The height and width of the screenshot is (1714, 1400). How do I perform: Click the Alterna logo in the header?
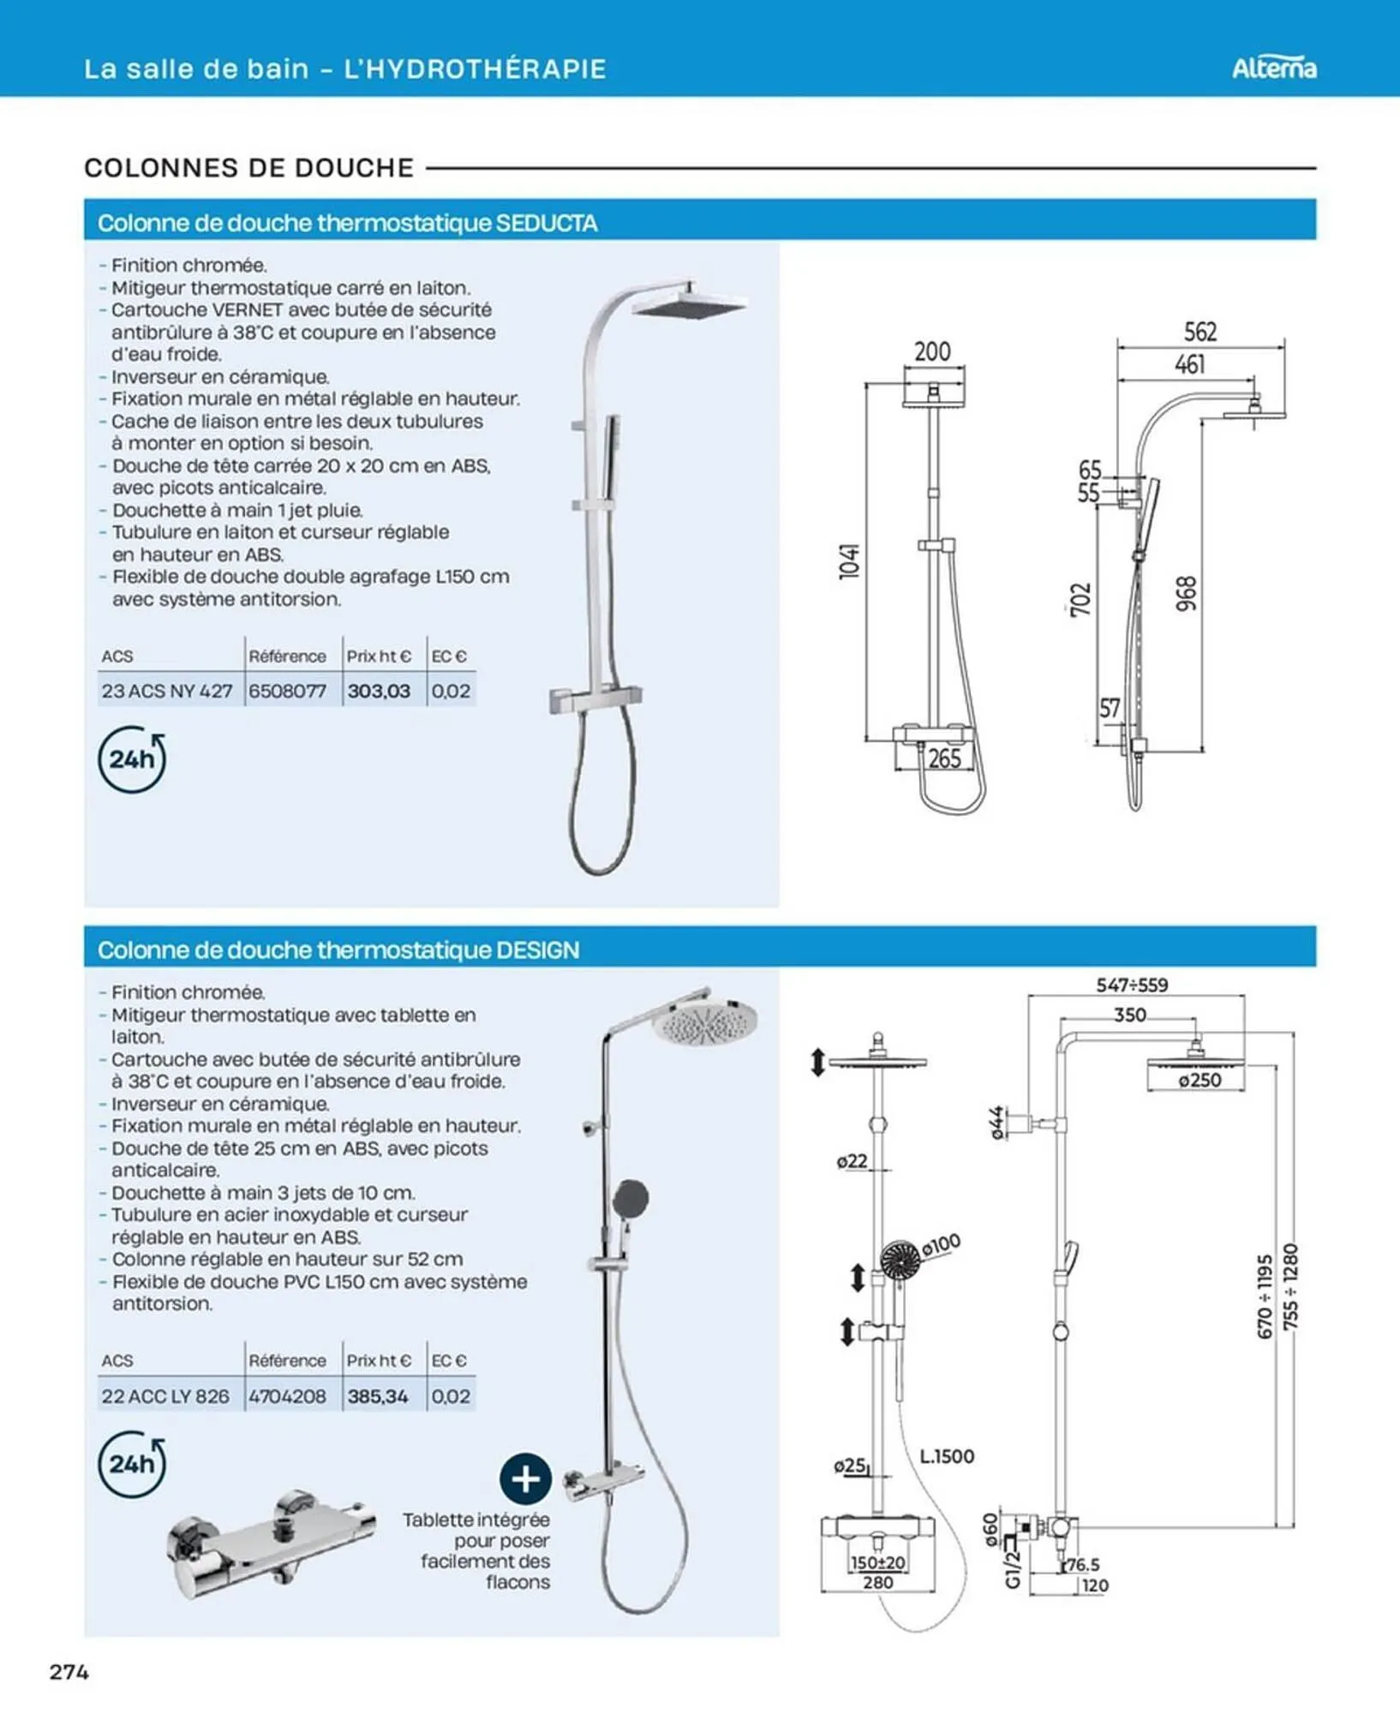(1273, 68)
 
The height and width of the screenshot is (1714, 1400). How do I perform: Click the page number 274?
(69, 1671)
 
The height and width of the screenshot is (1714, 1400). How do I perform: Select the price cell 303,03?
(379, 691)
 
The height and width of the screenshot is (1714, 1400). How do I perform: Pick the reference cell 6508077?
(288, 691)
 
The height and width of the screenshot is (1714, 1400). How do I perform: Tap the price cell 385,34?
(378, 1396)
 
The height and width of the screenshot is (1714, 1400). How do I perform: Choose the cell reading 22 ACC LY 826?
(165, 1396)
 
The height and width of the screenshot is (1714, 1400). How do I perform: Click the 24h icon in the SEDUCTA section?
(132, 759)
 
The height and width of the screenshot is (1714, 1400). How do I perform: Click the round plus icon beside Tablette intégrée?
(524, 1478)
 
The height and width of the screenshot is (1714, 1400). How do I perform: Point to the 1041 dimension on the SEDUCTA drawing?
(849, 560)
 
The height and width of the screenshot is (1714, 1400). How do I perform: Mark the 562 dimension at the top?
(1200, 332)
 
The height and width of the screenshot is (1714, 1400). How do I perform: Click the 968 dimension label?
(1186, 593)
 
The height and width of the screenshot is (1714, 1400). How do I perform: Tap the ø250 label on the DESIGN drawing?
(1200, 1080)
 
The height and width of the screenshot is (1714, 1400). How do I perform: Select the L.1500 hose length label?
(947, 1456)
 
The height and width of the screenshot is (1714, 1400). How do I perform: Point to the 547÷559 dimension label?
(1132, 985)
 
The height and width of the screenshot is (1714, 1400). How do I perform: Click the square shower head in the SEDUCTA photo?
(689, 305)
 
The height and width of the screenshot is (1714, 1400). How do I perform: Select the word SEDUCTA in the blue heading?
(547, 223)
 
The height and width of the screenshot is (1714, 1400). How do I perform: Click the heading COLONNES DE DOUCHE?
(248, 168)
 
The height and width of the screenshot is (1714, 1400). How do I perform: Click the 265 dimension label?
(944, 758)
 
